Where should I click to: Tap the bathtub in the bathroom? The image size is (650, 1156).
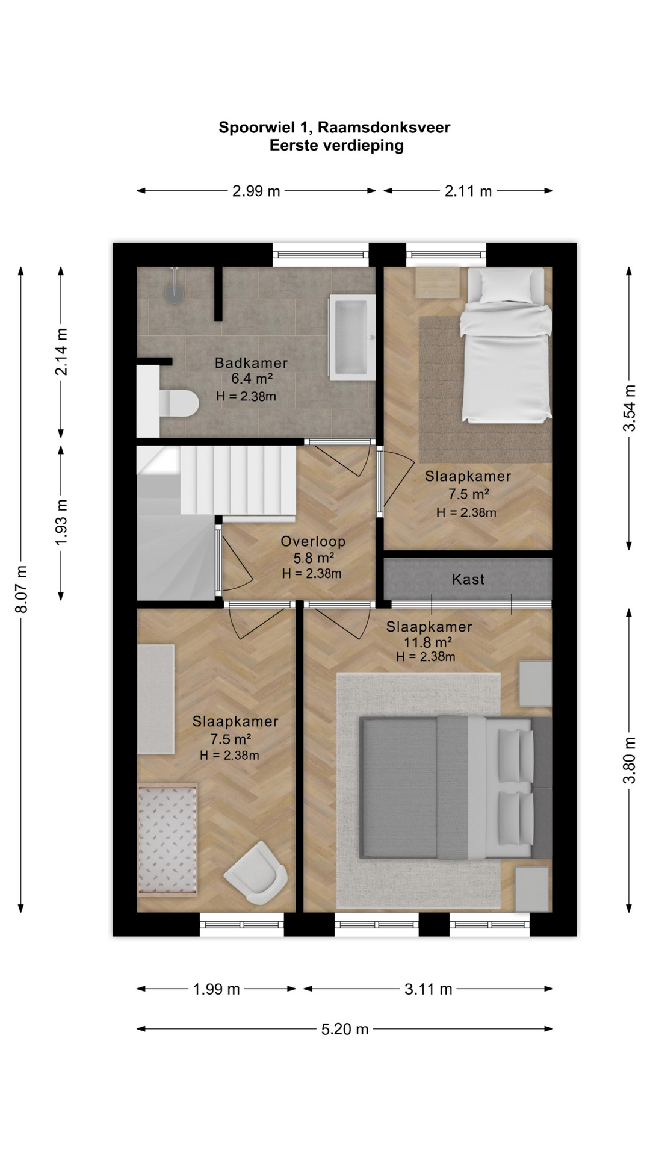tap(351, 337)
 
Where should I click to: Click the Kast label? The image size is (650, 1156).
tap(468, 579)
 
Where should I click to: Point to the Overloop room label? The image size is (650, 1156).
tap(313, 541)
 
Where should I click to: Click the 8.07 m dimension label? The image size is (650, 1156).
tap(22, 589)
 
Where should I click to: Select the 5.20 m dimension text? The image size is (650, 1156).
tap(345, 1029)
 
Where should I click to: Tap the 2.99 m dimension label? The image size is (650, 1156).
tap(256, 191)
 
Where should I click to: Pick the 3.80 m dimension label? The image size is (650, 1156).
tap(629, 760)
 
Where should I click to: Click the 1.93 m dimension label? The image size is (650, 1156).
tap(61, 523)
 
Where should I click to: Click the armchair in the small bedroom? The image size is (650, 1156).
tap(255, 872)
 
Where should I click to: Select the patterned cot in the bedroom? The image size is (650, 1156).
tap(167, 839)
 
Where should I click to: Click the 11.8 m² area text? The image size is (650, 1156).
tap(428, 642)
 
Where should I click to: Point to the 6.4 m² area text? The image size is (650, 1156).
tap(252, 379)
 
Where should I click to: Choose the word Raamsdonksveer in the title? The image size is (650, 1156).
tap(384, 128)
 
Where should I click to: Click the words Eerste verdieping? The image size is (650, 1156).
tap(336, 146)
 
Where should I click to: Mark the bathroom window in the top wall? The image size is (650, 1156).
tap(321, 255)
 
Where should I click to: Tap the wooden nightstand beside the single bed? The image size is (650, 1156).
tap(438, 282)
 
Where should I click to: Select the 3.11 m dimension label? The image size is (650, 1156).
tap(429, 989)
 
